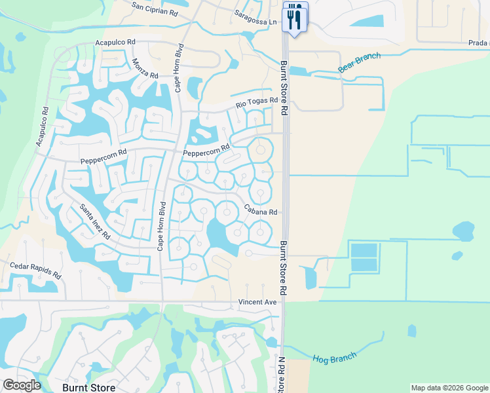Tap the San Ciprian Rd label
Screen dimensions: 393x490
point(155,8)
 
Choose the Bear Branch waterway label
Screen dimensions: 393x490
point(360,63)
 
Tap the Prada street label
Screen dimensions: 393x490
point(478,43)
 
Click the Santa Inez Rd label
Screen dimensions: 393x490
point(95,221)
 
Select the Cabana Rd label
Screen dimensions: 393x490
point(261,212)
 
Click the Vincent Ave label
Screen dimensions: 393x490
point(257,303)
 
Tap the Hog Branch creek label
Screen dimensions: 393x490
point(334,358)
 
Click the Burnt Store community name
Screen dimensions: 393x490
point(89,387)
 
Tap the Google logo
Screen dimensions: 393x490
point(22,385)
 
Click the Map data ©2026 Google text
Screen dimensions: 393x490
point(449,388)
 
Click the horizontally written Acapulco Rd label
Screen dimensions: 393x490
point(115,42)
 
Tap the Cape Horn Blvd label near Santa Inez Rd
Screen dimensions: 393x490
point(161,226)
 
